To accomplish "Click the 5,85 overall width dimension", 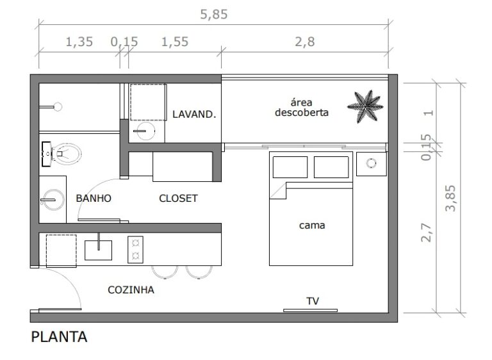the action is (x=214, y=15).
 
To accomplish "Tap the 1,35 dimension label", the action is (x=79, y=42).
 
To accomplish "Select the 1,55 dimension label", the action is (x=175, y=42).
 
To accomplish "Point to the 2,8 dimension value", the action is (x=304, y=42).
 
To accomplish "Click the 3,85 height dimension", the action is (x=450, y=198).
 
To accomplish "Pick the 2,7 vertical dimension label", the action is (x=426, y=233).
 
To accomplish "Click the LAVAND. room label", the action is (x=194, y=114).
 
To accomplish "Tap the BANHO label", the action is (x=94, y=199).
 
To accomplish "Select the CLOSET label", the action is (x=178, y=199).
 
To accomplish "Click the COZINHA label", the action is (x=131, y=290).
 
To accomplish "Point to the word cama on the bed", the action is (x=312, y=225).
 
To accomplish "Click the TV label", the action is (x=313, y=301).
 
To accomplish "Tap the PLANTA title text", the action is (x=59, y=337).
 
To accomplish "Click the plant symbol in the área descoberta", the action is (x=365, y=106).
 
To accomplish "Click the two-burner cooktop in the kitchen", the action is (x=136, y=250).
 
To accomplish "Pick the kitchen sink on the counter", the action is (x=98, y=250).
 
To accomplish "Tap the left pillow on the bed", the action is (x=290, y=167).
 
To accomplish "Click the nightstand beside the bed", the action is (x=372, y=164).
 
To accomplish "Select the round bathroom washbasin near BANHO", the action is (x=53, y=200).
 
